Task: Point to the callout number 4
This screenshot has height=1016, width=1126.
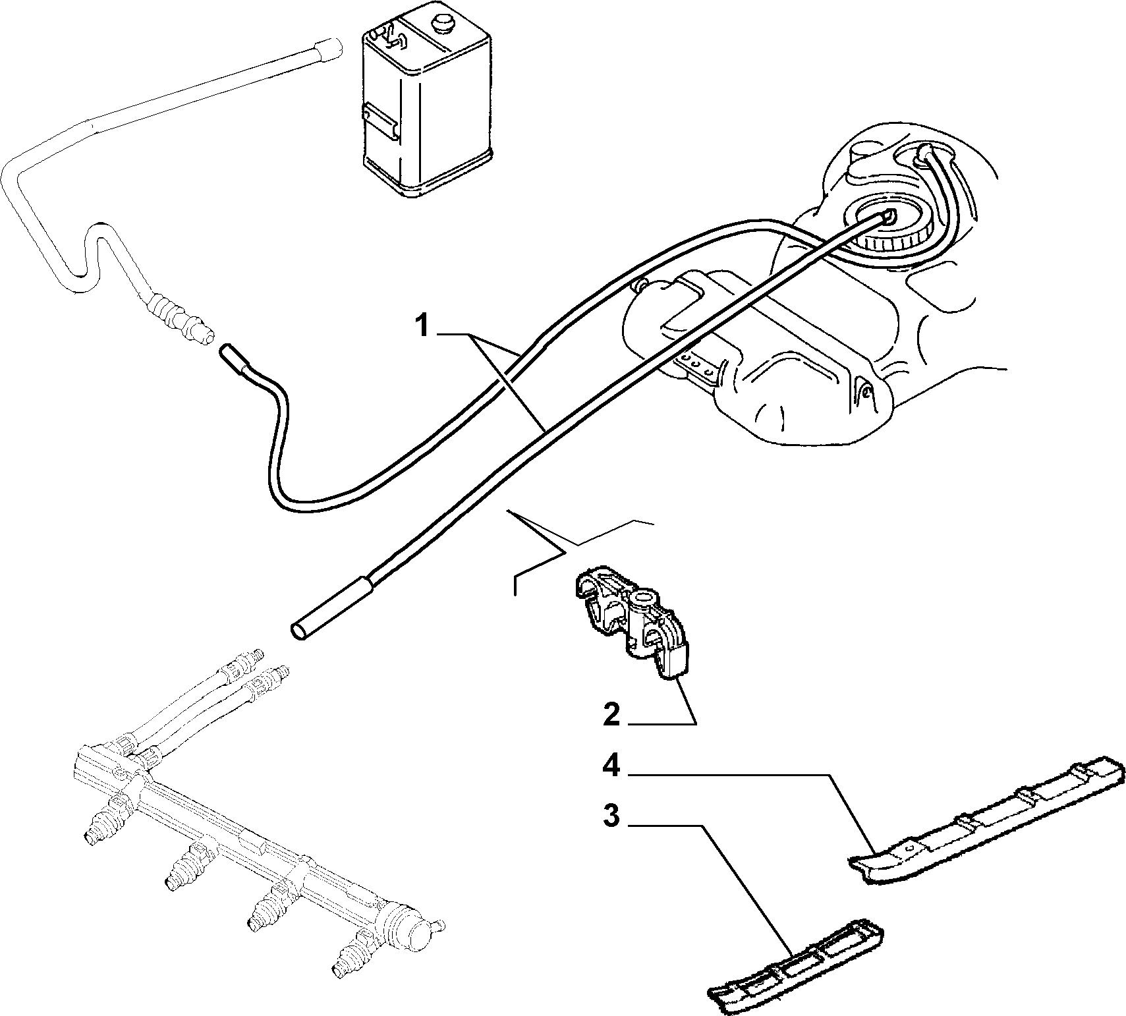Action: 612,766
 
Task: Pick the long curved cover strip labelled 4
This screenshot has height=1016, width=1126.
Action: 988,820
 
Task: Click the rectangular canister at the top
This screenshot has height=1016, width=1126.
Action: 426,105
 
